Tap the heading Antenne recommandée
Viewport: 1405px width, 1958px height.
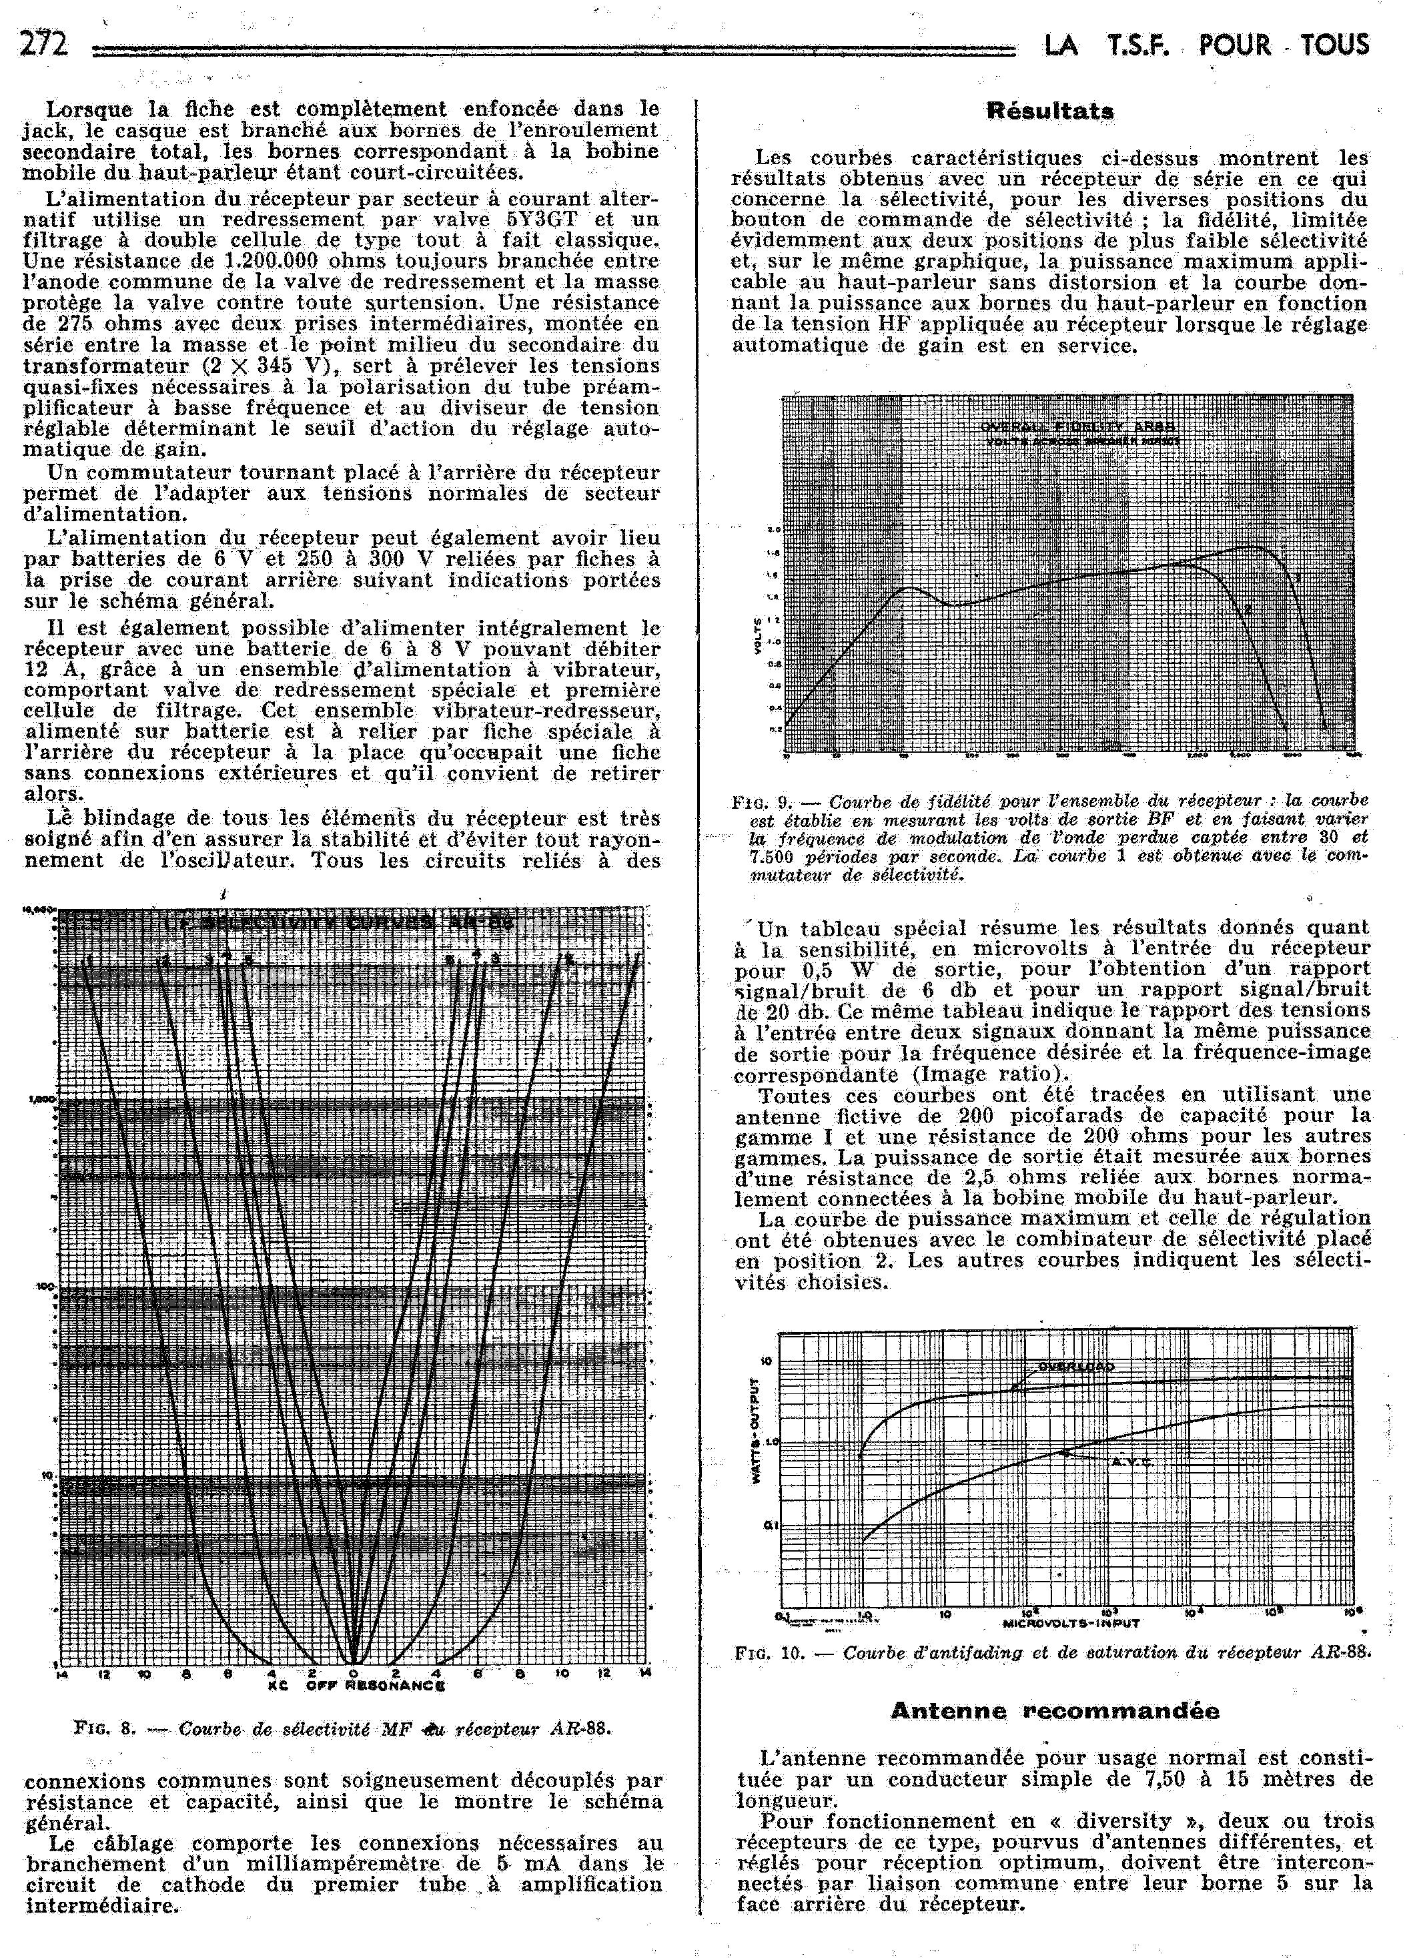coord(1055,1710)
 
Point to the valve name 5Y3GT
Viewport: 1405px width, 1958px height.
coord(541,220)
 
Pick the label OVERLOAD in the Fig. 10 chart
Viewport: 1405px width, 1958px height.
coord(1075,1367)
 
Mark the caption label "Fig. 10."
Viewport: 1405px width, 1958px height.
coord(769,1653)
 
